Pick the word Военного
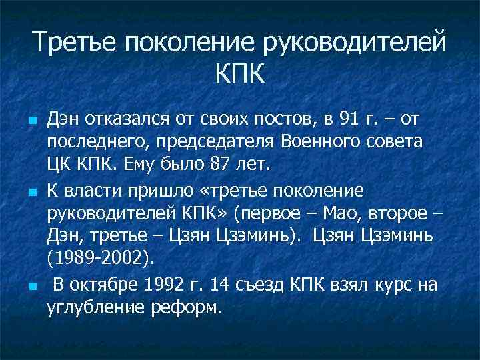point(343,141)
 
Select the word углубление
point(97,307)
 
